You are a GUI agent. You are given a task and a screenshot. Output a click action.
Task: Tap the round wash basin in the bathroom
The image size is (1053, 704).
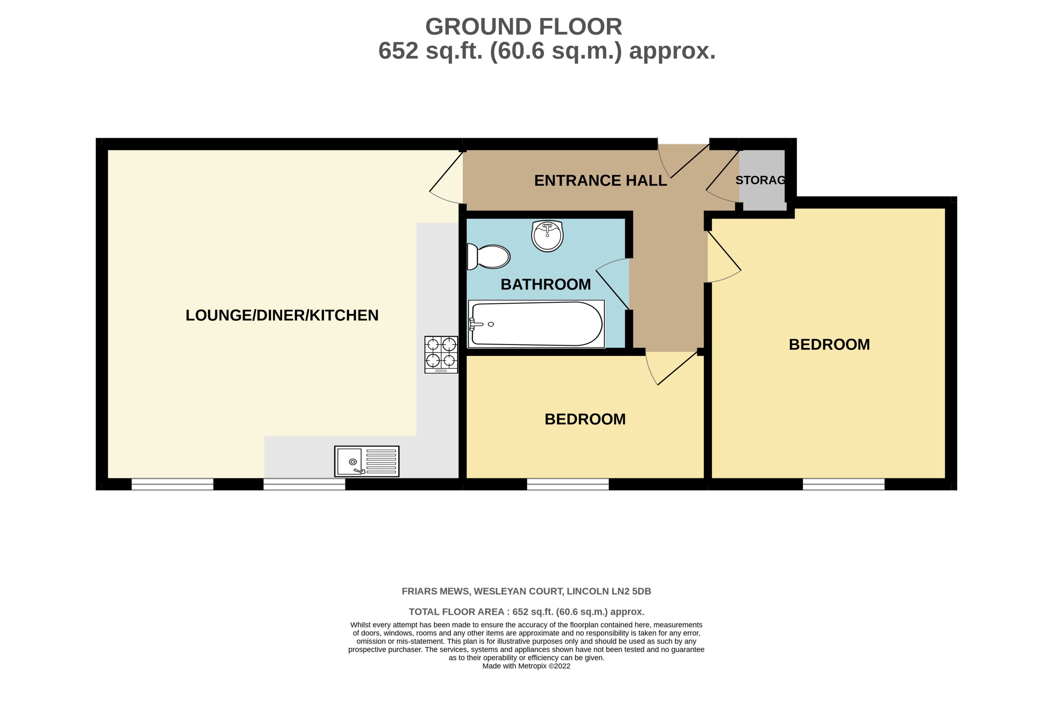coord(547,236)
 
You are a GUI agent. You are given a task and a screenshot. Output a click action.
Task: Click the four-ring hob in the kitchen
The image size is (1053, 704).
coord(441,354)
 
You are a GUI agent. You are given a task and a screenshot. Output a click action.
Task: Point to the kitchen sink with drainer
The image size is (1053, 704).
coord(367,461)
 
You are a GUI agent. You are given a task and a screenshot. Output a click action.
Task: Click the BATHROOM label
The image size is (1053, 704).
coord(545,284)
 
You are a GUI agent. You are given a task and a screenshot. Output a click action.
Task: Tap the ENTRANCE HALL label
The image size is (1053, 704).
coord(600,181)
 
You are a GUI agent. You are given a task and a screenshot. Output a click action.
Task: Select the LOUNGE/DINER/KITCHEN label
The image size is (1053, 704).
coord(282,315)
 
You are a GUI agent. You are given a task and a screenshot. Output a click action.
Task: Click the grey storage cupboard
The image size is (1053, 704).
coord(762,180)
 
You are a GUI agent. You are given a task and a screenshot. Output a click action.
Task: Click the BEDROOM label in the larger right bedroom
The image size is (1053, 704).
coord(829,344)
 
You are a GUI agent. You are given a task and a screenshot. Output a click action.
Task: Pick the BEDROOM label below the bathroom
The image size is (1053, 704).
coord(585,419)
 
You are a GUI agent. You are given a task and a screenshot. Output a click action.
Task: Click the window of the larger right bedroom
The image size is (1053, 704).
coord(843,484)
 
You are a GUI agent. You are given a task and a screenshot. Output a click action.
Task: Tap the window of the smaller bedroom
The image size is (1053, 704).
coord(567,484)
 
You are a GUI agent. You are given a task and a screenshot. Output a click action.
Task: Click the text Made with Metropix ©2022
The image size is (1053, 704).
coord(526,666)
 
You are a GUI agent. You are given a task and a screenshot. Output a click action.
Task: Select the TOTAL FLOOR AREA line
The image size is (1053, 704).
coord(526,612)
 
